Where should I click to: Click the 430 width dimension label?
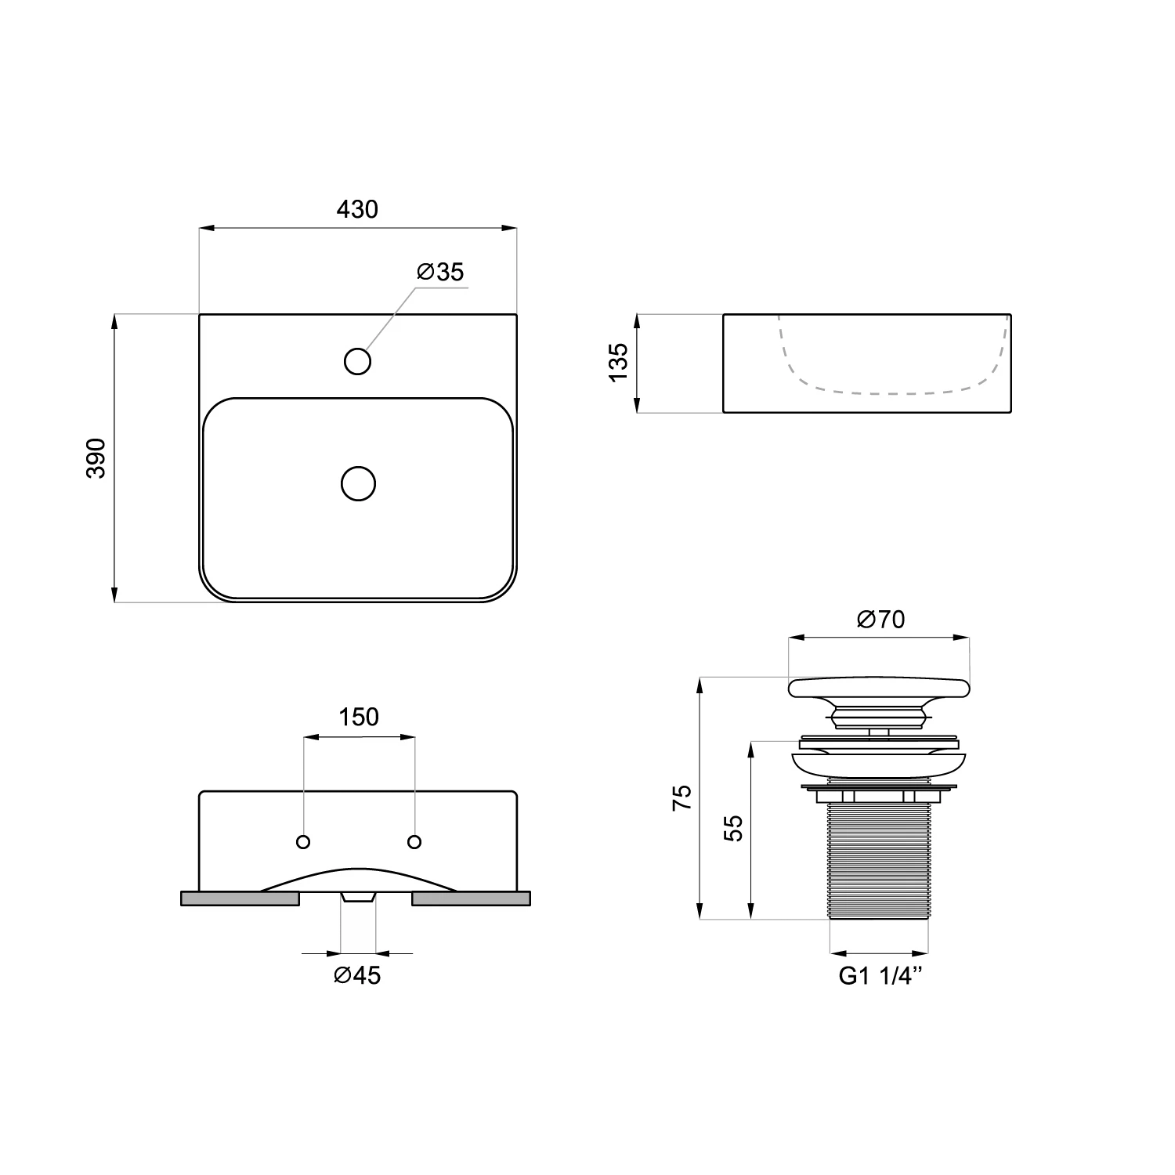357,209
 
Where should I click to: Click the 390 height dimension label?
96,458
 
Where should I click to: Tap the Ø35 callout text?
440,272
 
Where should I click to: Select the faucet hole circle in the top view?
357,361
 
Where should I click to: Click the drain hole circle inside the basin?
359,483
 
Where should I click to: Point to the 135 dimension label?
618,362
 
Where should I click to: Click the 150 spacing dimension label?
359,717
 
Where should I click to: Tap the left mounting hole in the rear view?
303,842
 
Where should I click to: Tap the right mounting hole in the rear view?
414,842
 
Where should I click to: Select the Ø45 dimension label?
357,975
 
